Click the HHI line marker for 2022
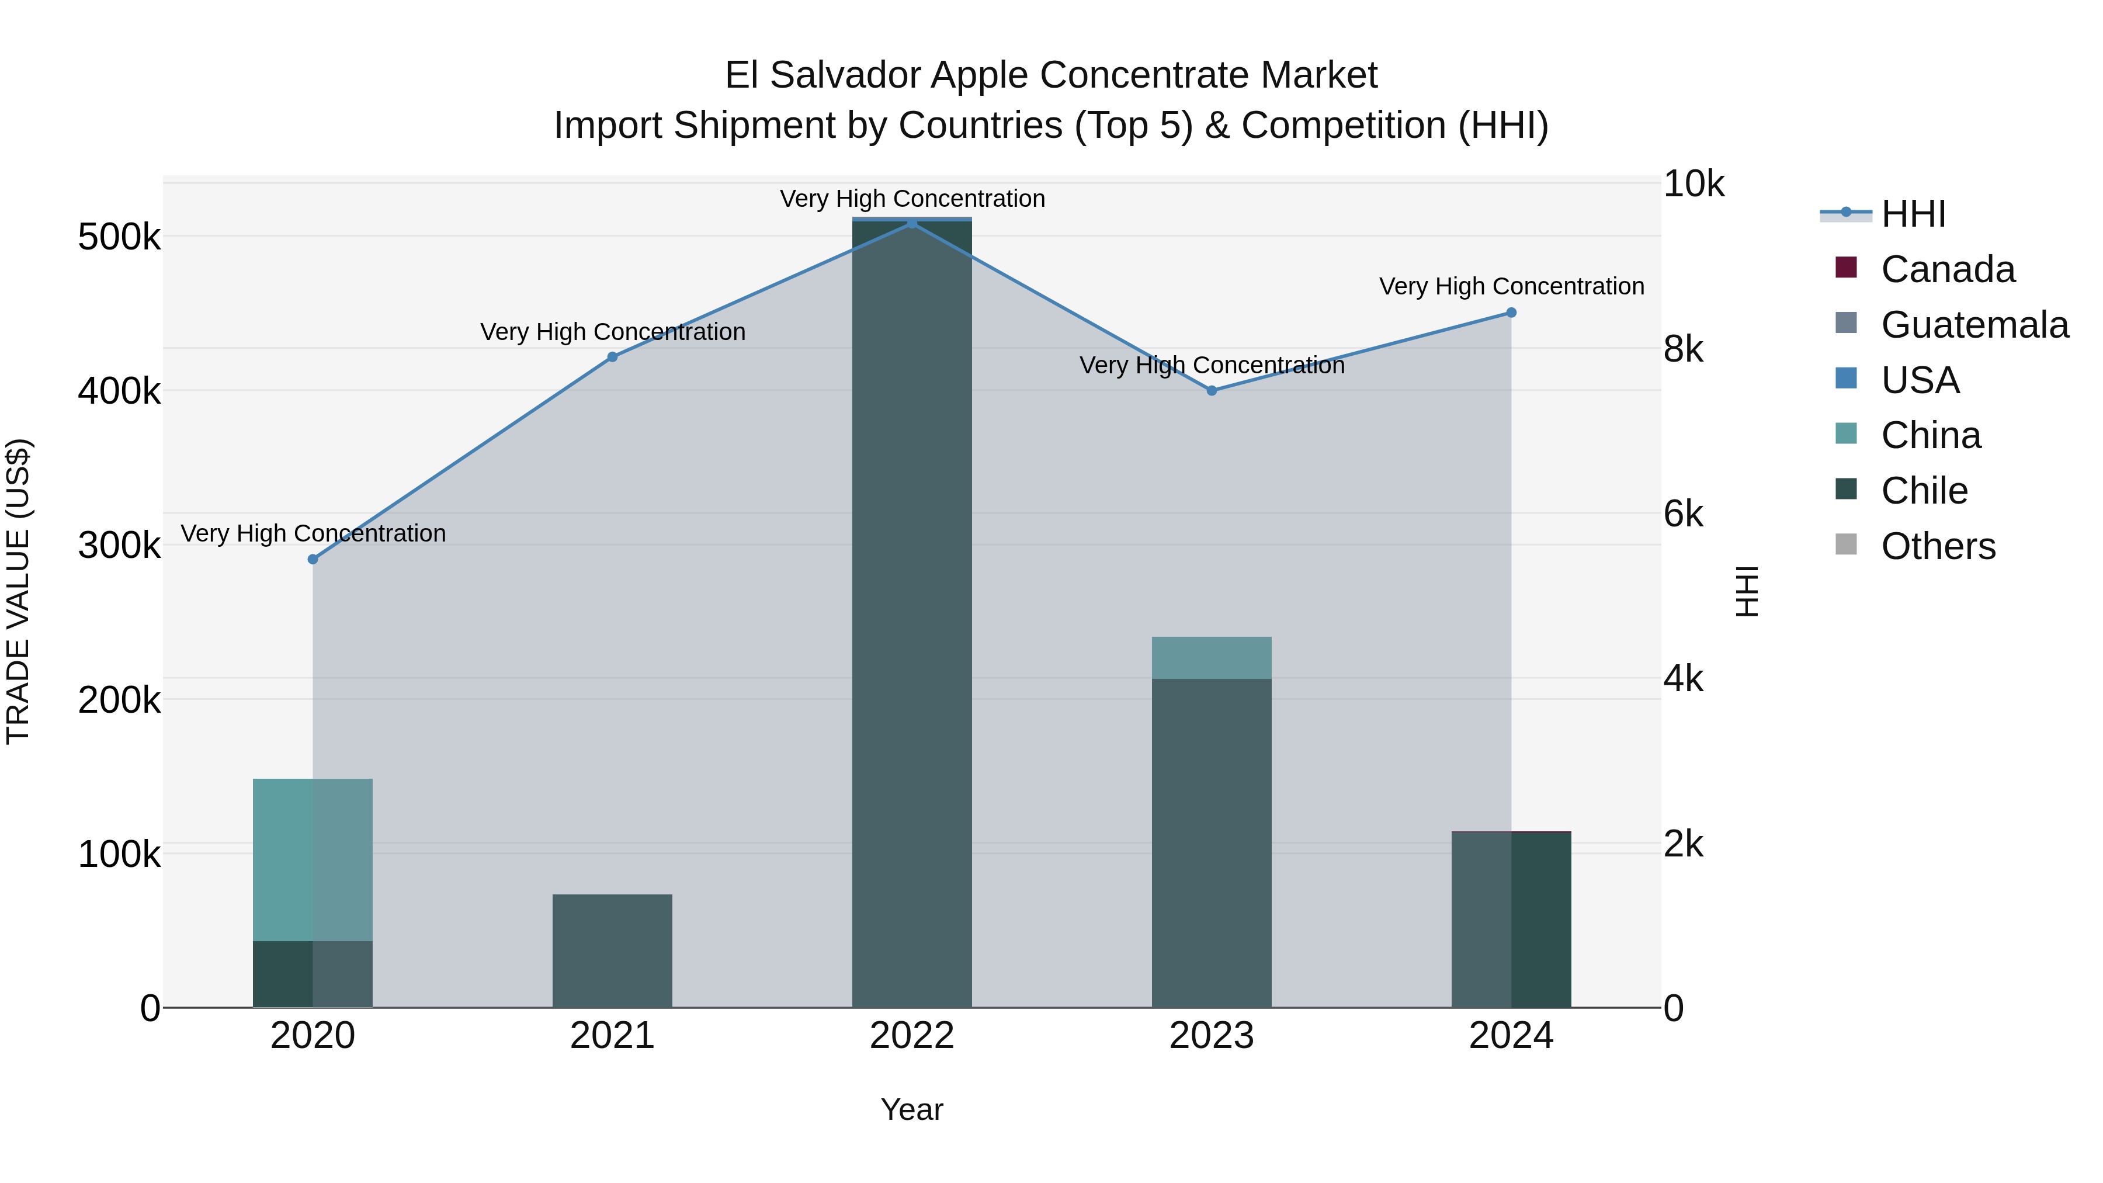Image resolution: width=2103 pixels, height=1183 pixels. (912, 223)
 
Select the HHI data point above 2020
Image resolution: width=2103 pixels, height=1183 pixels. (313, 559)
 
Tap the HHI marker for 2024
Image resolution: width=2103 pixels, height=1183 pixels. (1511, 313)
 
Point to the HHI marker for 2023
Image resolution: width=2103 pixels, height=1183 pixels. (1212, 391)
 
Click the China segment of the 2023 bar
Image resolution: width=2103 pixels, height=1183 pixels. (1212, 658)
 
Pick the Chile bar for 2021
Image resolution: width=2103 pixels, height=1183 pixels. (612, 951)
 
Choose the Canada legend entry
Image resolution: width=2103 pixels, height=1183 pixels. (1947, 269)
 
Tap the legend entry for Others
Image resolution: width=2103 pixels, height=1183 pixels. (1937, 546)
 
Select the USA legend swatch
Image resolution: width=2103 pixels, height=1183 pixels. (1846, 379)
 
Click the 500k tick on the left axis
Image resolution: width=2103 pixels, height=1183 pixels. (119, 238)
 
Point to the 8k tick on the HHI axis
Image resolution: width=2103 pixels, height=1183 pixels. (1684, 349)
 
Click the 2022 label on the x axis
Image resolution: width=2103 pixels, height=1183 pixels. (912, 1036)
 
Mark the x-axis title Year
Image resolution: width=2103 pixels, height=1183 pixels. (912, 1109)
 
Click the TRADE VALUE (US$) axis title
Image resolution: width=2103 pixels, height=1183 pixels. (18, 591)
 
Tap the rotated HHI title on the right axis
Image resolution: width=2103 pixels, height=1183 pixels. (1746, 591)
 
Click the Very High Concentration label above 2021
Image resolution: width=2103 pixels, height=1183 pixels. (612, 332)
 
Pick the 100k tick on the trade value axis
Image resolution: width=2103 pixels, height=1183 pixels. (119, 855)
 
